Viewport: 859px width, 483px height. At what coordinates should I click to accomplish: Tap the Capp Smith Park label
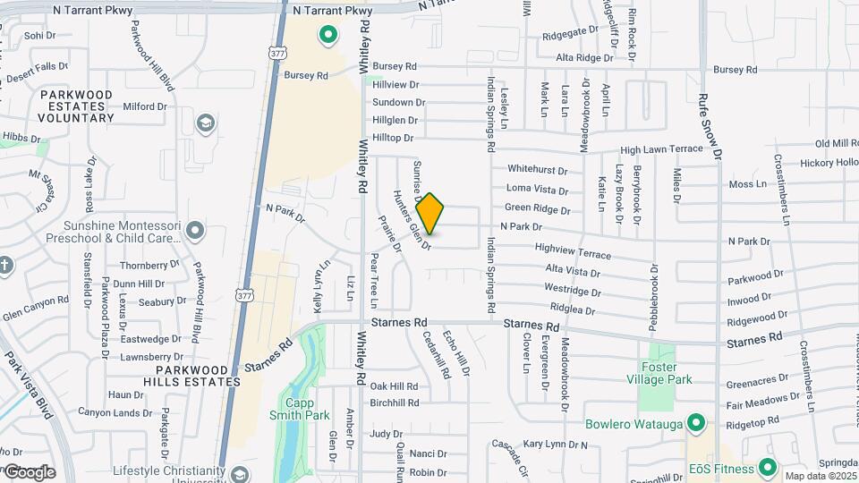tap(300, 409)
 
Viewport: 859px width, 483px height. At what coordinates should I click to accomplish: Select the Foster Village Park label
tap(667, 373)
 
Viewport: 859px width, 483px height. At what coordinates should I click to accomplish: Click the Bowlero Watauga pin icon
tap(697, 423)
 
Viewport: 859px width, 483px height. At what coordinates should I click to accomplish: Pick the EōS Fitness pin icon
tap(767, 467)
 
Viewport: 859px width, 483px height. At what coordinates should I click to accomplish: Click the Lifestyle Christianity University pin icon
tap(238, 474)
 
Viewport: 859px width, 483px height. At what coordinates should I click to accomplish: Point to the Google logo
tap(29, 471)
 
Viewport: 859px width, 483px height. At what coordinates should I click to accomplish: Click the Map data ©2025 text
tap(821, 476)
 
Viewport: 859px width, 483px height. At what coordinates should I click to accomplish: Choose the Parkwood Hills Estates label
tap(199, 376)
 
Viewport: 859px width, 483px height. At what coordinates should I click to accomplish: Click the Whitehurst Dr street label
tap(537, 169)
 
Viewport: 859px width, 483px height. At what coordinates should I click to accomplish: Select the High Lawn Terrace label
tap(662, 149)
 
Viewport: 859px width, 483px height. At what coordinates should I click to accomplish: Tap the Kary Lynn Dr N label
tap(556, 444)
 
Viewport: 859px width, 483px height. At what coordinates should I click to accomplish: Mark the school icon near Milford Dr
tap(206, 123)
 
